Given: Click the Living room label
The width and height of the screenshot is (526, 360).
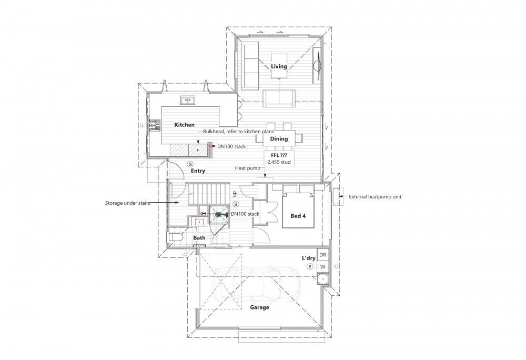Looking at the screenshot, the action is pyautogui.click(x=279, y=66).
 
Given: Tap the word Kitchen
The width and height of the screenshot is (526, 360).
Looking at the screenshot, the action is pyautogui.click(x=184, y=125).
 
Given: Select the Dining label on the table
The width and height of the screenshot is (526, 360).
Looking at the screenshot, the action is pyautogui.click(x=279, y=138).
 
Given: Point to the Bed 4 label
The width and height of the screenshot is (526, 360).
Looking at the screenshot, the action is pyautogui.click(x=298, y=216).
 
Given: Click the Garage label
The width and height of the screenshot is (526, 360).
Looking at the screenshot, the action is pyautogui.click(x=259, y=307).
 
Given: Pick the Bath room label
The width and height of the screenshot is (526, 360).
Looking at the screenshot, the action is pyautogui.click(x=199, y=237).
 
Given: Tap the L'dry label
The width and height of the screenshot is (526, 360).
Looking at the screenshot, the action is pyautogui.click(x=308, y=258).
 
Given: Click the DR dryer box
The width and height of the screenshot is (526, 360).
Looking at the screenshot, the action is pyautogui.click(x=322, y=255).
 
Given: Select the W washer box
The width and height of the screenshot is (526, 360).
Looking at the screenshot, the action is pyautogui.click(x=322, y=267).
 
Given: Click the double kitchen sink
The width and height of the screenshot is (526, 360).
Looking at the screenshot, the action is pyautogui.click(x=188, y=101).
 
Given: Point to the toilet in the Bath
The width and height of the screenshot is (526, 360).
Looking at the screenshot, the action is pyautogui.click(x=175, y=237).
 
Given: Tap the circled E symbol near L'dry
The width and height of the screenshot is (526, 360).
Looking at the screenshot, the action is pyautogui.click(x=310, y=266).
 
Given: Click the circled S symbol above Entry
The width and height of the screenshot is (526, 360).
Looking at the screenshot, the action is pyautogui.click(x=190, y=164).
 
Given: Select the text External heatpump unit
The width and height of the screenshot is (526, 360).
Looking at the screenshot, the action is pyautogui.click(x=375, y=197).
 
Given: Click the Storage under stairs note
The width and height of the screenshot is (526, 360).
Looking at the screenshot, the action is pyautogui.click(x=127, y=203).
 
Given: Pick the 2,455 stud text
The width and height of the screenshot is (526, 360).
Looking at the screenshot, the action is pyautogui.click(x=279, y=162).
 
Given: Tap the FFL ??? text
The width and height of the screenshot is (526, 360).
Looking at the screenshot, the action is pyautogui.click(x=279, y=156).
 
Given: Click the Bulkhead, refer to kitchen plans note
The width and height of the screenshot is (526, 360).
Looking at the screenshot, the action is pyautogui.click(x=238, y=132).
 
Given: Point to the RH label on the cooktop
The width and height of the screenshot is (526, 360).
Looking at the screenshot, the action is pyautogui.click(x=153, y=125).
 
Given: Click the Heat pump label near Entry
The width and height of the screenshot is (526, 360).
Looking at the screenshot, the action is pyautogui.click(x=247, y=168).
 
